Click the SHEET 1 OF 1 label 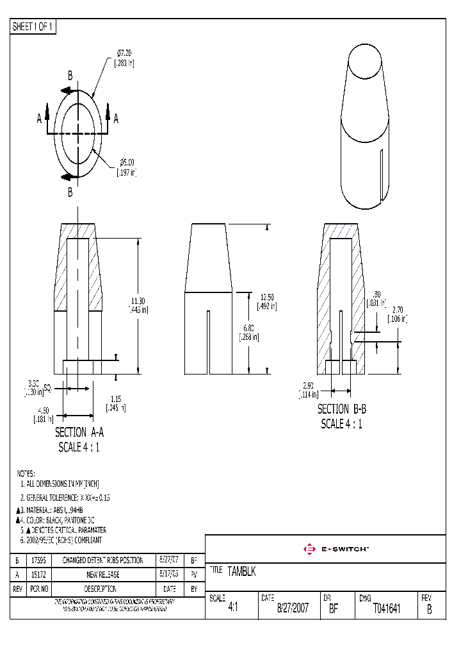coord(33,26)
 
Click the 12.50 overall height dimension coord(267,296)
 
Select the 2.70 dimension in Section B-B coord(398,309)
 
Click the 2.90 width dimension coord(308,385)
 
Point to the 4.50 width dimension coord(43,410)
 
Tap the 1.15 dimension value coord(116,398)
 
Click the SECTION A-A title coord(79,432)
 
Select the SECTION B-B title coord(342,409)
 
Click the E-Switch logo coord(335,549)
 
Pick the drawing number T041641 coord(387,609)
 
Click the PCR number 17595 coord(38,560)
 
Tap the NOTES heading coord(26,473)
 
